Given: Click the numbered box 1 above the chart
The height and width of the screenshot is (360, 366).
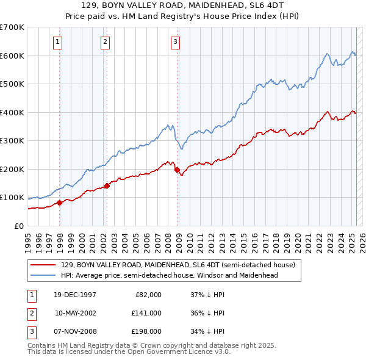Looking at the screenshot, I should click(57, 42).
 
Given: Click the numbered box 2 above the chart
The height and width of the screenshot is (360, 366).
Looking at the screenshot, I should click(105, 42).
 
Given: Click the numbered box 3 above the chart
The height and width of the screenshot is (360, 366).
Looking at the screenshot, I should click(175, 42).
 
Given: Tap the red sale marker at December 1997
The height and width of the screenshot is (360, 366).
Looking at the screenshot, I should click(60, 203).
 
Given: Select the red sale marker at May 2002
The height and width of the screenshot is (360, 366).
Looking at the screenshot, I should click(107, 185).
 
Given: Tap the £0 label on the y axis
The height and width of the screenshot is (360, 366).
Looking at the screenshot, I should click(18, 226).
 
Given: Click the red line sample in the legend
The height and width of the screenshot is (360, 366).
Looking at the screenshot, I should click(43, 265).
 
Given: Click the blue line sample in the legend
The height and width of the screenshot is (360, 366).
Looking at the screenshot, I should click(43, 275).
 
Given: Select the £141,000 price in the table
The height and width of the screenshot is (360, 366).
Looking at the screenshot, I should click(147, 313).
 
